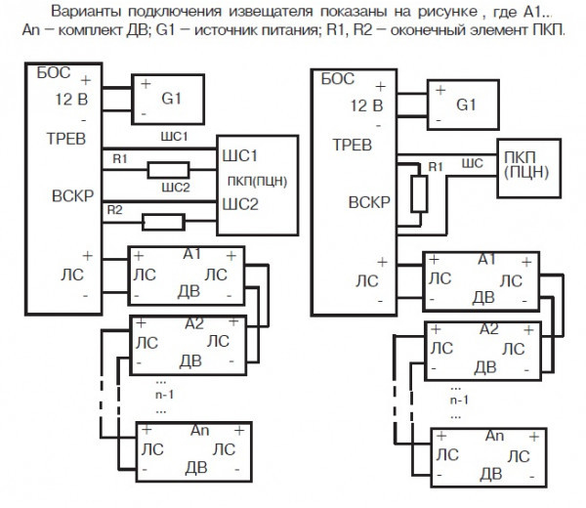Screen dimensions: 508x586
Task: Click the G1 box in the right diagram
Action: [465, 104]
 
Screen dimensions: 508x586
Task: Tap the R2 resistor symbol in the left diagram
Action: [156, 222]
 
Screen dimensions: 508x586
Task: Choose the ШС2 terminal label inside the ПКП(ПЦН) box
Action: [239, 205]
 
